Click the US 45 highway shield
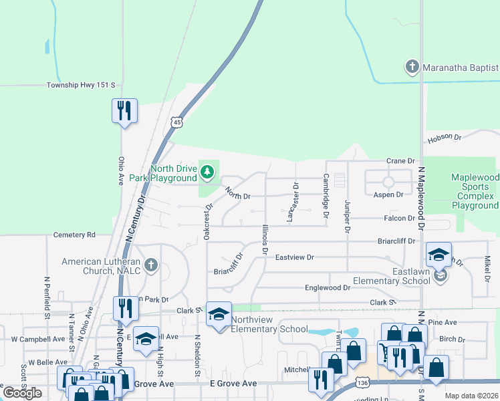pos(176,122)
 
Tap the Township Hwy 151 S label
pos(81,86)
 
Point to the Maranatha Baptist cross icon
pos(412,67)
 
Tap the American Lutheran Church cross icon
pos(152,265)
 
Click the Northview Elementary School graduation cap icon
pos(219,315)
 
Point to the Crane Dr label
pos(401,161)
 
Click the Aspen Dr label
pos(388,194)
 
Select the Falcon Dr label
pos(399,219)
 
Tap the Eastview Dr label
pos(294,257)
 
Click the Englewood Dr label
pos(328,287)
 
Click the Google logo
pos(22,393)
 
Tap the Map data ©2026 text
pos(471,396)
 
